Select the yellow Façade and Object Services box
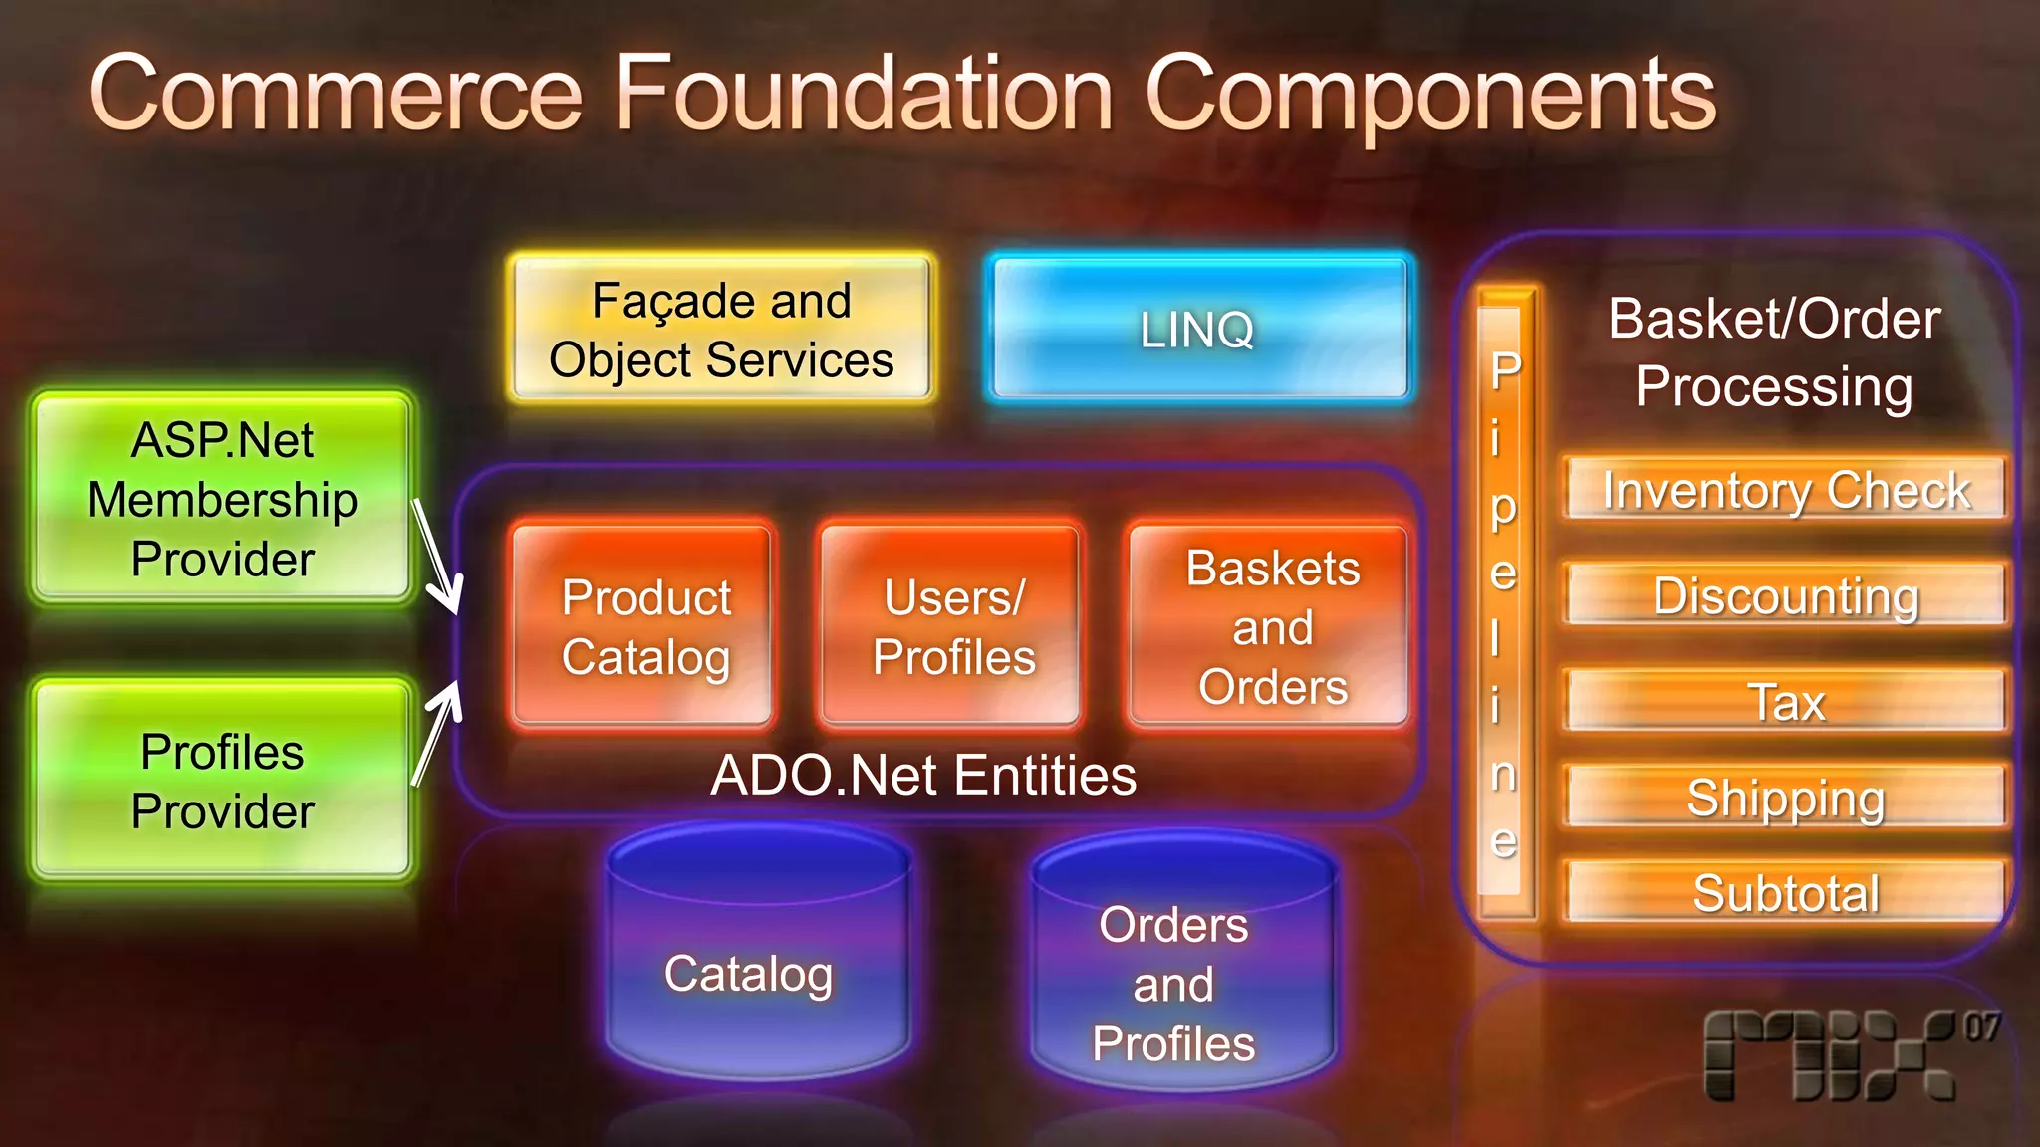click(721, 330)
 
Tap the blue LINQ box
click(1198, 330)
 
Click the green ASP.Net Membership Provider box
click(222, 499)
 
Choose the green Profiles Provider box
click(222, 781)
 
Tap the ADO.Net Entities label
click(922, 776)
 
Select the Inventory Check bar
click(1785, 490)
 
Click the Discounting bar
click(1785, 595)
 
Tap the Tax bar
click(1785, 701)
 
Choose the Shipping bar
click(1785, 797)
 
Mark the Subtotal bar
click(1785, 892)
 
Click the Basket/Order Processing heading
click(1773, 352)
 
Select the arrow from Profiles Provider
click(438, 733)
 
